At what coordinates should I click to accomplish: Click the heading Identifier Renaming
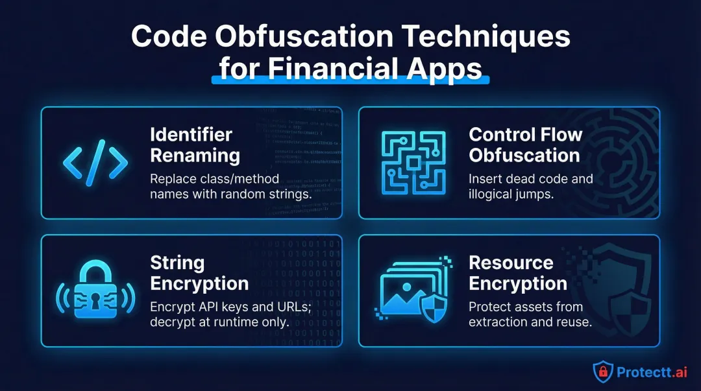[x=195, y=145]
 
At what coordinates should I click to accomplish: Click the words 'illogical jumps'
[x=510, y=193]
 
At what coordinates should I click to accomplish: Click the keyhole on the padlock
[x=95, y=299]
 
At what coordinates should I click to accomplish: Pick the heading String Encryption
[x=199, y=273]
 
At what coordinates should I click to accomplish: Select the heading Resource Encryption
[x=517, y=273]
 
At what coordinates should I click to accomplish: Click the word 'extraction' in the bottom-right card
[x=494, y=321]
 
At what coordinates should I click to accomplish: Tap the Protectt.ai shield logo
[x=603, y=370]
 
